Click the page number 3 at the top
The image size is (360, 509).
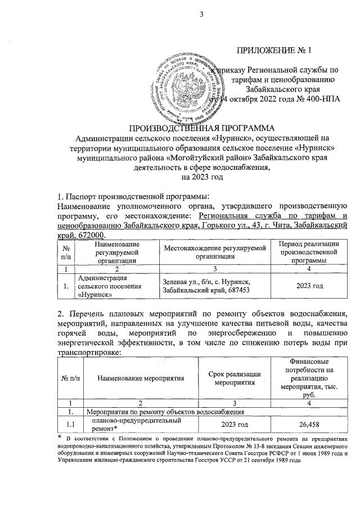[200, 15]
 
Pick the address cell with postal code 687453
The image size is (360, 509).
[209, 286]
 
